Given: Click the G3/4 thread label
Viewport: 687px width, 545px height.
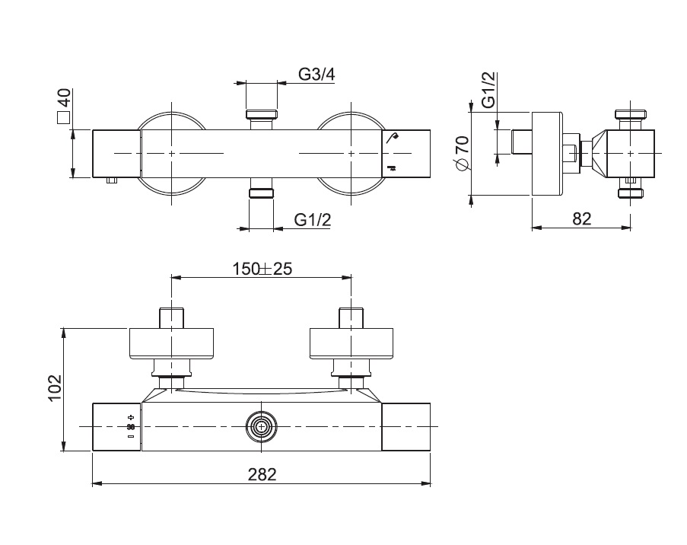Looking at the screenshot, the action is pyautogui.click(x=316, y=74).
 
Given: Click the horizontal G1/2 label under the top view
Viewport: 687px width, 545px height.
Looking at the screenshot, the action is pyautogui.click(x=313, y=219).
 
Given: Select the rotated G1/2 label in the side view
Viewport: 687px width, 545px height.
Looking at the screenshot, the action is pyautogui.click(x=488, y=90).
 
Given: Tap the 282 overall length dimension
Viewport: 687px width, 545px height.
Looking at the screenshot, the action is pyautogui.click(x=262, y=474).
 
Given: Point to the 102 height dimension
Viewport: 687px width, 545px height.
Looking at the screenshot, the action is pyautogui.click(x=56, y=387).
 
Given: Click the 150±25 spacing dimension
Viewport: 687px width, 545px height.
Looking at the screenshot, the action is pyautogui.click(x=262, y=269).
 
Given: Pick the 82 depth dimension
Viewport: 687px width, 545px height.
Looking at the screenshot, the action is pyautogui.click(x=581, y=218).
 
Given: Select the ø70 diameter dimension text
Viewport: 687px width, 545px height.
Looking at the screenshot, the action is pyautogui.click(x=463, y=153).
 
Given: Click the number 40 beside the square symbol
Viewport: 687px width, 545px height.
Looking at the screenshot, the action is pyautogui.click(x=64, y=97).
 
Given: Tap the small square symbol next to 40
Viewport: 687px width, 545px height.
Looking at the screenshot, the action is pyautogui.click(x=64, y=117).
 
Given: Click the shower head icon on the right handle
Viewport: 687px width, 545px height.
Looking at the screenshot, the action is pyautogui.click(x=393, y=137).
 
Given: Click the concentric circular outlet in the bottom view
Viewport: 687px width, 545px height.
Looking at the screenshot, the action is pyautogui.click(x=262, y=426).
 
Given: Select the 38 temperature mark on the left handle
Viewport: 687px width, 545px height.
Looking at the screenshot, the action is pyautogui.click(x=131, y=426).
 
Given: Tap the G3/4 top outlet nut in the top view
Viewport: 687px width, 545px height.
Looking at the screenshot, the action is pyautogui.click(x=262, y=114).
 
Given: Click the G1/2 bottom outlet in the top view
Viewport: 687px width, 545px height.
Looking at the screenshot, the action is pyautogui.click(x=261, y=193).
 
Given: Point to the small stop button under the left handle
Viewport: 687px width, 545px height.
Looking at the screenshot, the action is pyautogui.click(x=112, y=180).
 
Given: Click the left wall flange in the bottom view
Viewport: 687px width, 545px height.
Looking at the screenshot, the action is pyautogui.click(x=171, y=343).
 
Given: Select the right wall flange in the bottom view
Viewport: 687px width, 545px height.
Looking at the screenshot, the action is pyautogui.click(x=351, y=343).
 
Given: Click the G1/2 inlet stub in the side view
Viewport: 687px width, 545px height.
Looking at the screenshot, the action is pyautogui.click(x=522, y=142).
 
